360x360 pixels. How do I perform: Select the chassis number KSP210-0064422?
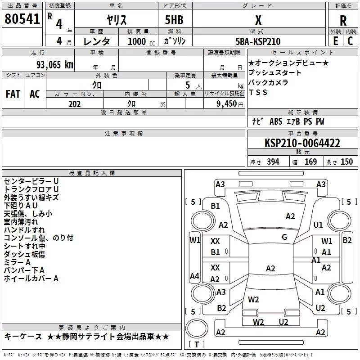tap(302, 144)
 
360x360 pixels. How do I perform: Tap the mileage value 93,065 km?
tap(53, 64)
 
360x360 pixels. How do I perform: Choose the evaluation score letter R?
tap(343, 21)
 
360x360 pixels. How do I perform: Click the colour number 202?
tap(74, 103)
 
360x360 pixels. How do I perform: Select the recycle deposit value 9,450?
tap(227, 103)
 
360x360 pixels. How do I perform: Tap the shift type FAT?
tap(13, 94)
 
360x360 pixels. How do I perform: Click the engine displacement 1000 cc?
tap(137, 41)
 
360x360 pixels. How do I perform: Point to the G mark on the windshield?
tap(284, 237)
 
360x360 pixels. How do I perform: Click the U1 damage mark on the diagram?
tap(319, 225)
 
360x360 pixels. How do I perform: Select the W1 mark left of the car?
tap(194, 240)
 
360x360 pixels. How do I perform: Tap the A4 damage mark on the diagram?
tap(194, 276)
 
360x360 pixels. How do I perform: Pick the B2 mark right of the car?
tap(347, 240)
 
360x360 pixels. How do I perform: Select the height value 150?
tap(346, 162)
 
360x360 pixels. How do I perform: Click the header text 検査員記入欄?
tap(92, 173)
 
